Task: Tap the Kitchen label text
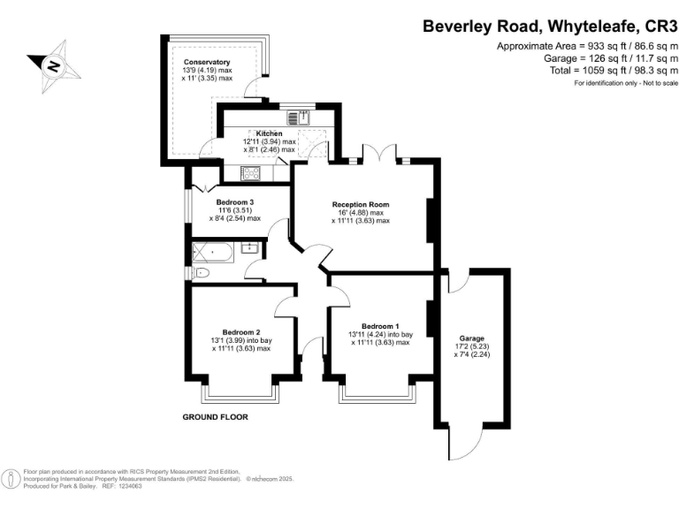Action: coord(269,133)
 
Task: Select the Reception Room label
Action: coord(361,204)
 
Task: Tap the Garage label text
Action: coord(471,338)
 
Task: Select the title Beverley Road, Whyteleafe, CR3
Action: coord(548,27)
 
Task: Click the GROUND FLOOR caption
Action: coord(215,416)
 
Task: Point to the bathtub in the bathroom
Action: coord(212,254)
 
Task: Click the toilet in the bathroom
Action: coord(202,273)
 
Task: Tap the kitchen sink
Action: coord(297,117)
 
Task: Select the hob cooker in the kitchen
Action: coord(251,172)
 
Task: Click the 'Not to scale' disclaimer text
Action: coord(656,82)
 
